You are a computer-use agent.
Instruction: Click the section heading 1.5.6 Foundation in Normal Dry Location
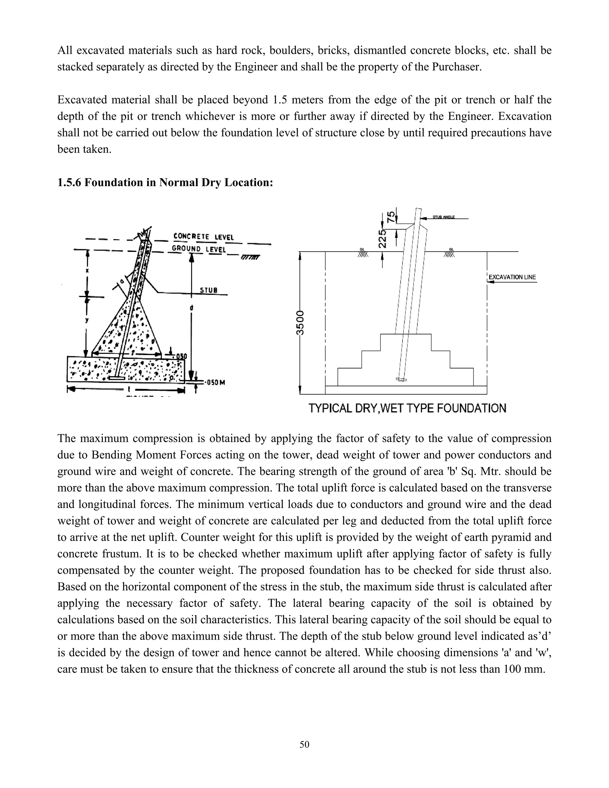click(x=165, y=183)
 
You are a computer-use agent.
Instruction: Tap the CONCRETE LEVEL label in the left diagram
click(x=203, y=237)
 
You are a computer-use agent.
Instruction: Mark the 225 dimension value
click(x=383, y=238)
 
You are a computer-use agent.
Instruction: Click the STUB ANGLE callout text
click(x=443, y=217)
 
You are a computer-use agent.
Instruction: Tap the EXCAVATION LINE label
click(x=512, y=277)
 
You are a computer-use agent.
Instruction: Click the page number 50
click(x=304, y=744)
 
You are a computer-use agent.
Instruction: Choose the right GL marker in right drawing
click(x=449, y=252)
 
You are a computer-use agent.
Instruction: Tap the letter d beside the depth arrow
click(x=191, y=308)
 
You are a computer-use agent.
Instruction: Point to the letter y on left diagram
click(x=87, y=320)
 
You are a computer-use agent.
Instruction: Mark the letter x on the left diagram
click(x=87, y=270)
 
